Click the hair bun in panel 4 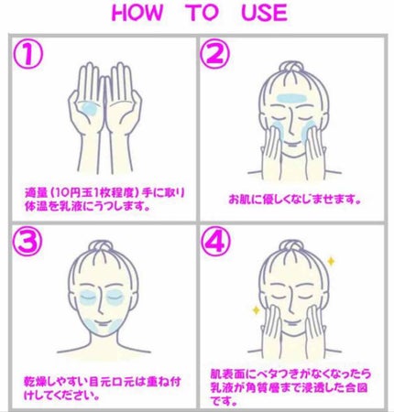point(296,247)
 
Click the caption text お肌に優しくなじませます point(293,197)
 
